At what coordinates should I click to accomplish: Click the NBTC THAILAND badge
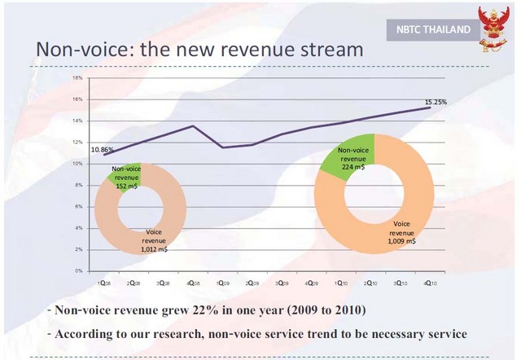pyautogui.click(x=429, y=30)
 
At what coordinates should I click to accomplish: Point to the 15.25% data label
pyautogui.click(x=436, y=102)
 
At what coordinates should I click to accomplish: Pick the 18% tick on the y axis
pyautogui.click(x=77, y=78)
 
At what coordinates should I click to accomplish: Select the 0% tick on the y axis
pyautogui.click(x=78, y=270)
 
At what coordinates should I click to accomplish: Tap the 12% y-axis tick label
pyautogui.click(x=77, y=143)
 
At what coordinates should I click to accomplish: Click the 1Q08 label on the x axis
pyautogui.click(x=103, y=282)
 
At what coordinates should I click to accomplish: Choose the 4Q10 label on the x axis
pyautogui.click(x=428, y=282)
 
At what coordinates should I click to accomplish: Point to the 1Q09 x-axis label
pyautogui.click(x=221, y=282)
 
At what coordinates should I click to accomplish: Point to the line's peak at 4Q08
pyautogui.click(x=192, y=125)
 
